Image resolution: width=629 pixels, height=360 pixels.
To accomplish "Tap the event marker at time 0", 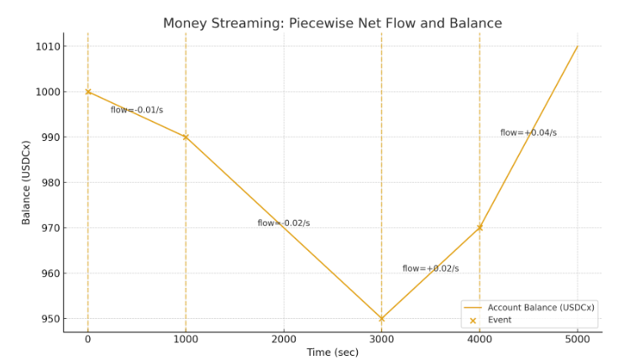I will [x=88, y=91].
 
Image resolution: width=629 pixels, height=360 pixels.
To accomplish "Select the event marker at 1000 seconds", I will [x=186, y=137].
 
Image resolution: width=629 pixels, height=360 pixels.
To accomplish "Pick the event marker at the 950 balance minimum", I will [x=381, y=319].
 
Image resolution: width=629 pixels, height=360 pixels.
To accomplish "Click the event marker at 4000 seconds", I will [x=480, y=227].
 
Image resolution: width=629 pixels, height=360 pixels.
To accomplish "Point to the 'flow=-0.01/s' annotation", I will [x=137, y=110].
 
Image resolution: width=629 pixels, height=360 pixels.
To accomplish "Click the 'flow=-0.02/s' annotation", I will [x=284, y=223].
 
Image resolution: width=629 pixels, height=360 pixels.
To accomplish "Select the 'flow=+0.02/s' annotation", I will [x=430, y=269].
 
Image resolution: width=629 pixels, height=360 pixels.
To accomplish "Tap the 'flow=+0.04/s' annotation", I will [x=528, y=133].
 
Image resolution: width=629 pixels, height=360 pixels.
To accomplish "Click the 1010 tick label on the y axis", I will [x=48, y=46].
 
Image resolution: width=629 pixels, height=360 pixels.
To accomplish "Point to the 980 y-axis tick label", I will [x=50, y=182].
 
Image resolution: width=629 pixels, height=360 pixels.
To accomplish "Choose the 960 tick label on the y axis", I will [x=50, y=273].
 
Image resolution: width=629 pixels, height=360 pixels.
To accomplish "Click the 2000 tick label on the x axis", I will [x=284, y=339].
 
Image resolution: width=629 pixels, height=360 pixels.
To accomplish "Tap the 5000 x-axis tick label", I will [x=578, y=339].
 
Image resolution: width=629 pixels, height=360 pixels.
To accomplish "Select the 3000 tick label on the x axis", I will [x=381, y=339].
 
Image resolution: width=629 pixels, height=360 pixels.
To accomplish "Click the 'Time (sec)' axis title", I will [x=332, y=352].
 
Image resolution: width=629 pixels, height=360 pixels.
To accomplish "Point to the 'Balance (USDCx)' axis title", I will [x=26, y=182].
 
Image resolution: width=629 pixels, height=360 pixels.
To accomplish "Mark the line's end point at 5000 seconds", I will [x=578, y=46].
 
